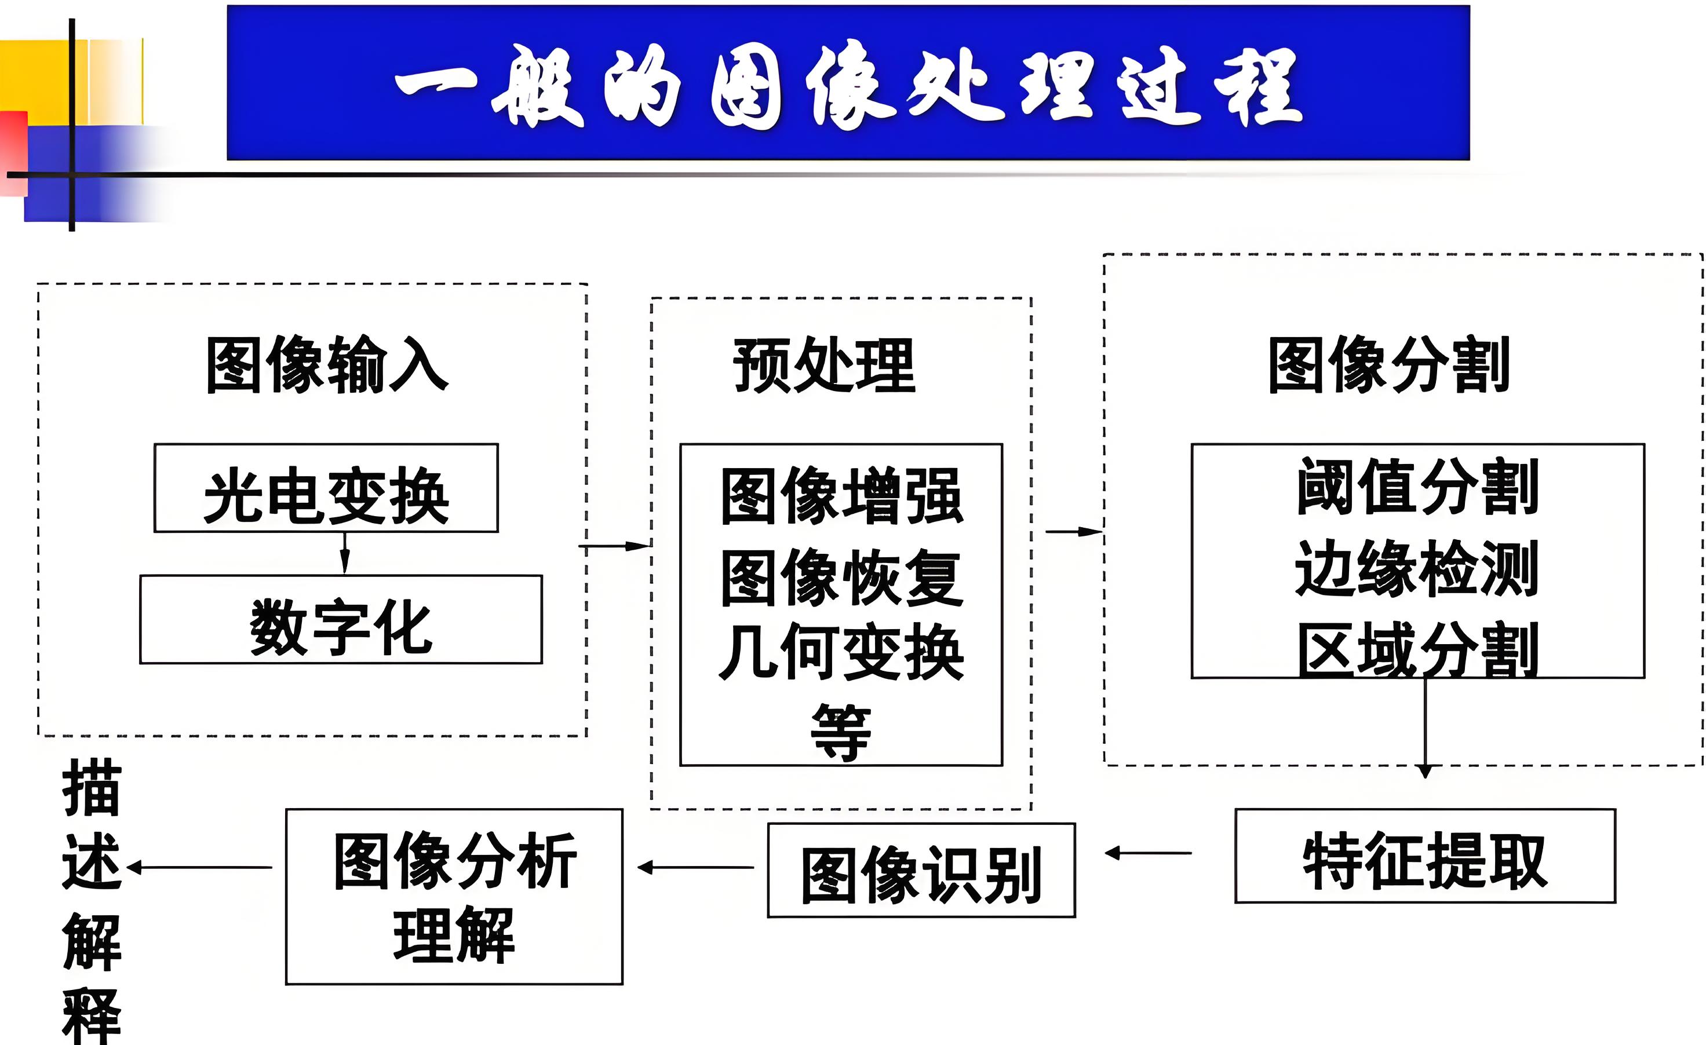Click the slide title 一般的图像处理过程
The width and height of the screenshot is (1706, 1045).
pyautogui.click(x=848, y=85)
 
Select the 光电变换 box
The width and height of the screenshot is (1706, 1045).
pyautogui.click(x=326, y=488)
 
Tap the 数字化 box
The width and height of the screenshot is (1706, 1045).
pyautogui.click(x=341, y=620)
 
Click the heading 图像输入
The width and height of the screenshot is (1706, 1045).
pyautogui.click(x=327, y=365)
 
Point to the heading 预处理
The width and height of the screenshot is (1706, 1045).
pyautogui.click(x=824, y=366)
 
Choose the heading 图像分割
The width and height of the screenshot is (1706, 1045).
pyautogui.click(x=1389, y=365)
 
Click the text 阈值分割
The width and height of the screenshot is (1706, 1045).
pyautogui.click(x=1417, y=487)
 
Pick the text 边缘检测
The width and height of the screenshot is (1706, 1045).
pyautogui.click(x=1417, y=569)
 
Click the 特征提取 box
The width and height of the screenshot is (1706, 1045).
pyautogui.click(x=1425, y=857)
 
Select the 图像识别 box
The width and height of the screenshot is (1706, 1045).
pyautogui.click(x=921, y=871)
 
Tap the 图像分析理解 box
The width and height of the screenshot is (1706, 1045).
pyautogui.click(x=454, y=897)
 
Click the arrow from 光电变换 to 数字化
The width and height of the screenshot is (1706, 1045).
pyautogui.click(x=345, y=554)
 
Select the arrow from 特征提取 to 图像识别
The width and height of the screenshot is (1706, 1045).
pyautogui.click(x=1148, y=853)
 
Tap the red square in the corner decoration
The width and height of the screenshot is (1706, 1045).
pyautogui.click(x=13, y=152)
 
